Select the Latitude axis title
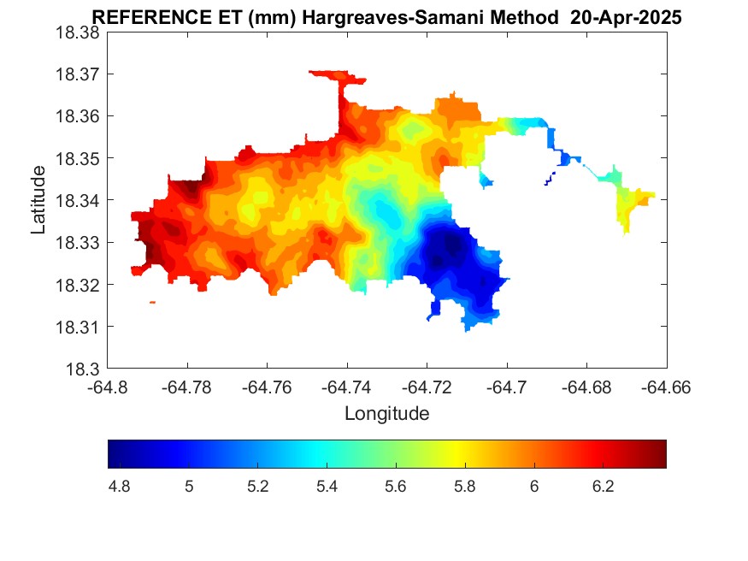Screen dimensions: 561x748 38,200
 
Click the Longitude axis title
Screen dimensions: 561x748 386,414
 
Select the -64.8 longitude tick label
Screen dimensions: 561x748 108,387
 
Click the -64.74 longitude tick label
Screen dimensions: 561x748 347,387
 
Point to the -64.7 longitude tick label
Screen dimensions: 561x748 508,387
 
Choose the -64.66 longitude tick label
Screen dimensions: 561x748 667,387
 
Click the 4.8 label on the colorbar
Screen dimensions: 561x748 120,487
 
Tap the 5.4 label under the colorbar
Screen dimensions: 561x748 327,487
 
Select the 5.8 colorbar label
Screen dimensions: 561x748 464,487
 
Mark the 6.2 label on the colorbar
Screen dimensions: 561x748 603,487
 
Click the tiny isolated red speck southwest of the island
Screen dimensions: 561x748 152,302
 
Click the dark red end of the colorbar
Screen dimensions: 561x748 660,454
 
